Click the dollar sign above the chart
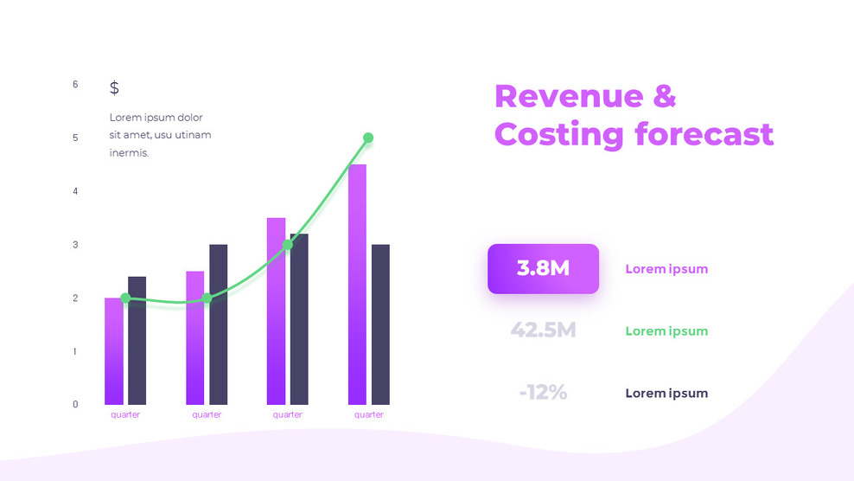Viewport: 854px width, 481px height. click(x=114, y=87)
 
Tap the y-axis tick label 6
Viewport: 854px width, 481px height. click(x=75, y=85)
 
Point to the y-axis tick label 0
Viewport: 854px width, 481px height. click(x=75, y=404)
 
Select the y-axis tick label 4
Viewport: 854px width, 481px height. click(x=75, y=191)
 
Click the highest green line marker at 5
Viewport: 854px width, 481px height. click(x=368, y=138)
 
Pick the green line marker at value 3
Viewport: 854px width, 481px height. click(x=288, y=245)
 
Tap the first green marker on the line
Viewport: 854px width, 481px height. click(x=125, y=298)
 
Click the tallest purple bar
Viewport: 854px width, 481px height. click(x=357, y=285)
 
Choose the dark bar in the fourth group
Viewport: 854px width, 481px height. click(x=380, y=324)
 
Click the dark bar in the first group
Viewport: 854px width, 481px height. click(x=137, y=341)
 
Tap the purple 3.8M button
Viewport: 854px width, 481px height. click(x=543, y=269)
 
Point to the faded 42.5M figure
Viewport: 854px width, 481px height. click(x=543, y=330)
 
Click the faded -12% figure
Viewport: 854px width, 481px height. click(x=543, y=392)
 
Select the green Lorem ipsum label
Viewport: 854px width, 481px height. click(x=666, y=331)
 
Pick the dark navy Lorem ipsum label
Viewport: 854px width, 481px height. click(x=666, y=394)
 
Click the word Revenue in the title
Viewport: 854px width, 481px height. click(x=568, y=96)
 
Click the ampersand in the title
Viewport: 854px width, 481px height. click(x=664, y=96)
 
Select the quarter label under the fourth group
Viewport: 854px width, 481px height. click(x=369, y=415)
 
